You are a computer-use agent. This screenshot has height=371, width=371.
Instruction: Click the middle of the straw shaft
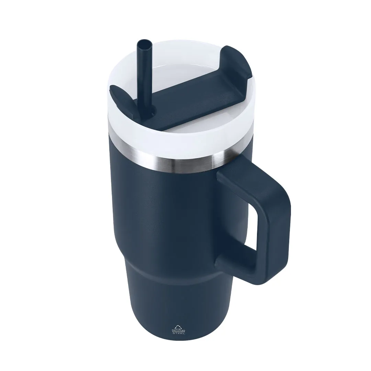(146, 79)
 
